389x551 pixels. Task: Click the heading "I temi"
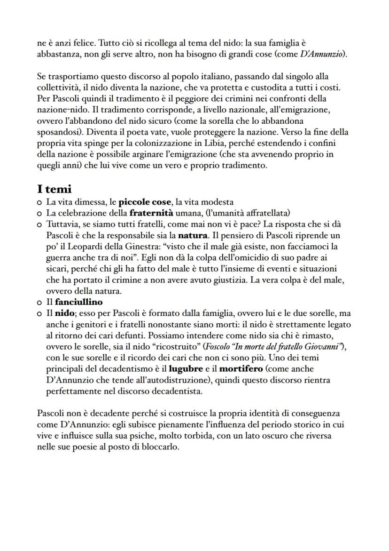click(54, 189)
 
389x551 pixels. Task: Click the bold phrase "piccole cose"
click(145, 202)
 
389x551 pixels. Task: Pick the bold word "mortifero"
click(241, 369)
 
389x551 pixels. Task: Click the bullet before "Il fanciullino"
click(40, 303)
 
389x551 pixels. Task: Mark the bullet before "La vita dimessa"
click(40, 203)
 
